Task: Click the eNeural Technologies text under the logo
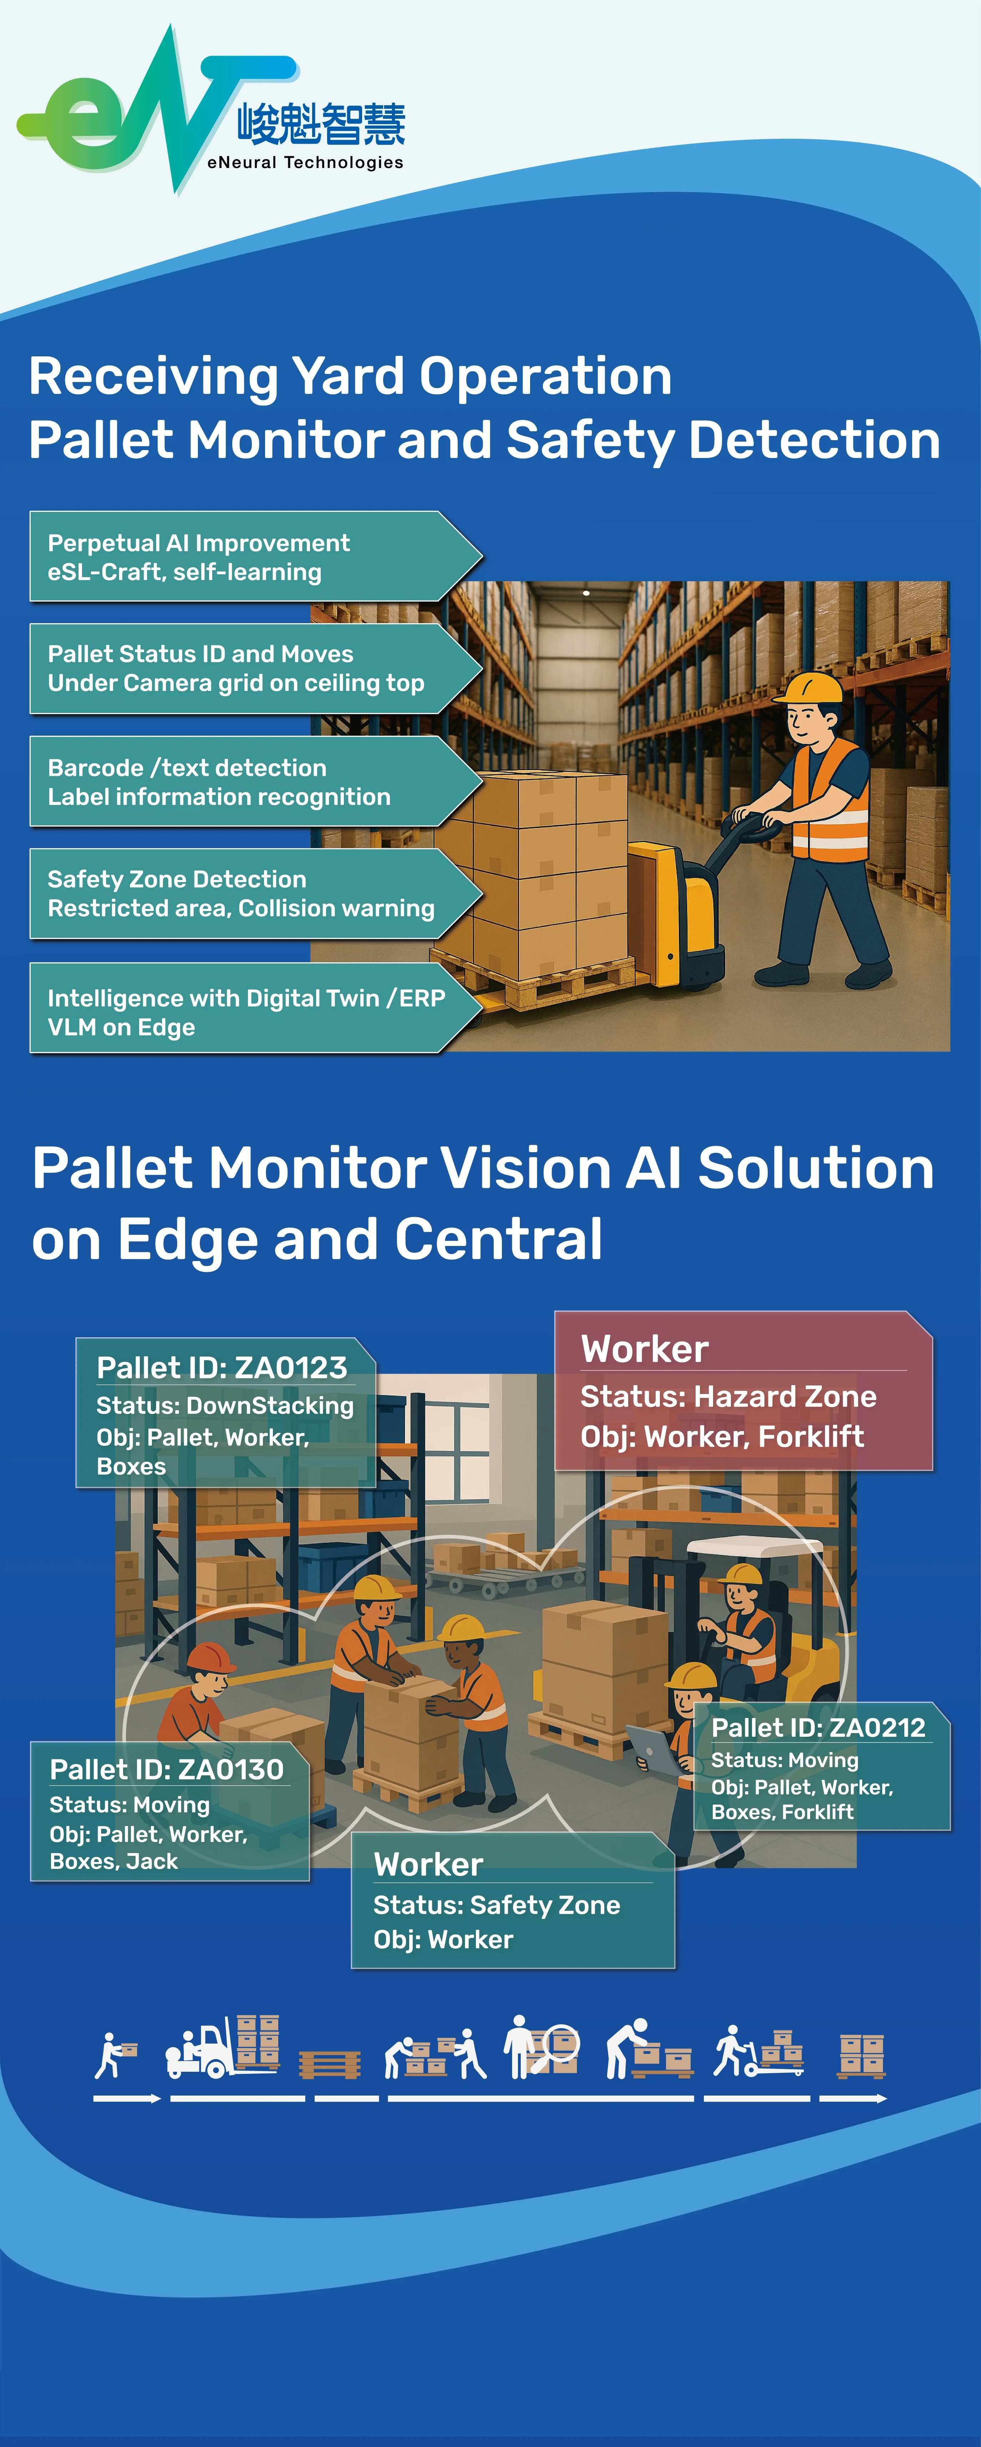[x=305, y=162]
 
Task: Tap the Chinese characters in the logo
[x=321, y=124]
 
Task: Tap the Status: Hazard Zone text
[x=728, y=1397]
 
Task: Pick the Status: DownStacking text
[x=225, y=1406]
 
